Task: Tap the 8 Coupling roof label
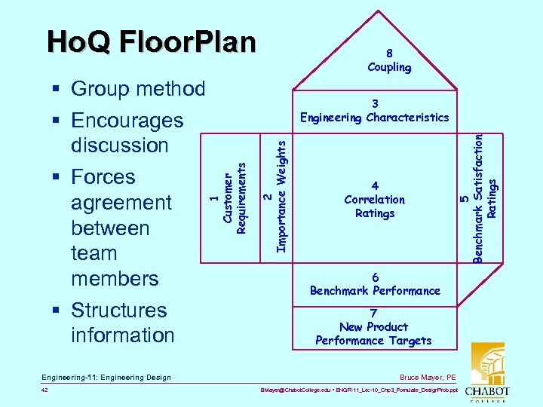pyautogui.click(x=389, y=60)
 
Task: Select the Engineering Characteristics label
pyautogui.click(x=374, y=111)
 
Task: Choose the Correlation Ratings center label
pyautogui.click(x=375, y=200)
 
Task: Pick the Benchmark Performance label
pyautogui.click(x=375, y=284)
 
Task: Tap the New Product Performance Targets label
pyautogui.click(x=373, y=327)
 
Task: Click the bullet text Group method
pyautogui.click(x=137, y=89)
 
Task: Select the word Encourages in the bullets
pyautogui.click(x=127, y=121)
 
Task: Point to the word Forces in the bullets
pyautogui.click(x=103, y=177)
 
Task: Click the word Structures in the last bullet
pyautogui.click(x=118, y=311)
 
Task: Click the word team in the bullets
pyautogui.click(x=94, y=253)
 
